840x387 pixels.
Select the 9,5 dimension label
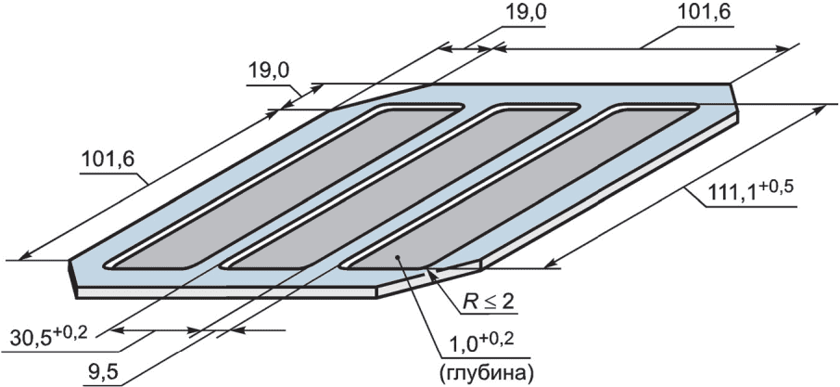click(99, 372)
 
